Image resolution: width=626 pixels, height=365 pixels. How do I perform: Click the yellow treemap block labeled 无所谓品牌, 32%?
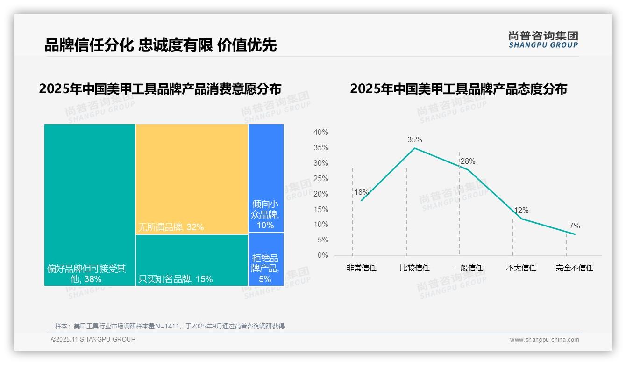pyautogui.click(x=192, y=179)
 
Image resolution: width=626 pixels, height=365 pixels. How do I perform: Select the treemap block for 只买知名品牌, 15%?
pyautogui.click(x=192, y=260)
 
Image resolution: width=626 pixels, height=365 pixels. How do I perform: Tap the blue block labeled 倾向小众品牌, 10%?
pyautogui.click(x=266, y=178)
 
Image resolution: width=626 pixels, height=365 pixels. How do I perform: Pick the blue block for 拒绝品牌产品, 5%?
pyautogui.click(x=266, y=259)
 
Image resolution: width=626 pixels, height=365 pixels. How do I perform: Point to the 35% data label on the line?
pyautogui.click(x=414, y=139)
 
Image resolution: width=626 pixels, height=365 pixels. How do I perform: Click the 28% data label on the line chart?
pyautogui.click(x=468, y=161)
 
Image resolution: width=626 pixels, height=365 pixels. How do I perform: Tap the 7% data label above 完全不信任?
pyautogui.click(x=575, y=226)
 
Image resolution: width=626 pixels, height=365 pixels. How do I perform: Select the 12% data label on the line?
pyautogui.click(x=521, y=211)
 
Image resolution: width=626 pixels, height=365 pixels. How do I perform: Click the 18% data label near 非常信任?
pyautogui.click(x=361, y=192)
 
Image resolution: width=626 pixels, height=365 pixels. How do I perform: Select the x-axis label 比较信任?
pyautogui.click(x=414, y=268)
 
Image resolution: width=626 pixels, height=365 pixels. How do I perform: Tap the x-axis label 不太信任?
pyautogui.click(x=521, y=268)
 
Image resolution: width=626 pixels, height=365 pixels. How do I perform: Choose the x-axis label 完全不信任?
pyautogui.click(x=575, y=268)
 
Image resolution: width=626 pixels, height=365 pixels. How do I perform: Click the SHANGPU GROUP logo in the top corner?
pyautogui.click(x=543, y=40)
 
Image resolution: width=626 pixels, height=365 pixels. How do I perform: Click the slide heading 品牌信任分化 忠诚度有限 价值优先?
pyautogui.click(x=161, y=45)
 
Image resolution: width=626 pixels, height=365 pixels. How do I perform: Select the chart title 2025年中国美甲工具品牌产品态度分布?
pyautogui.click(x=458, y=89)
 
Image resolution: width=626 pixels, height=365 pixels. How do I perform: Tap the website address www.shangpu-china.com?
pyautogui.click(x=544, y=340)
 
